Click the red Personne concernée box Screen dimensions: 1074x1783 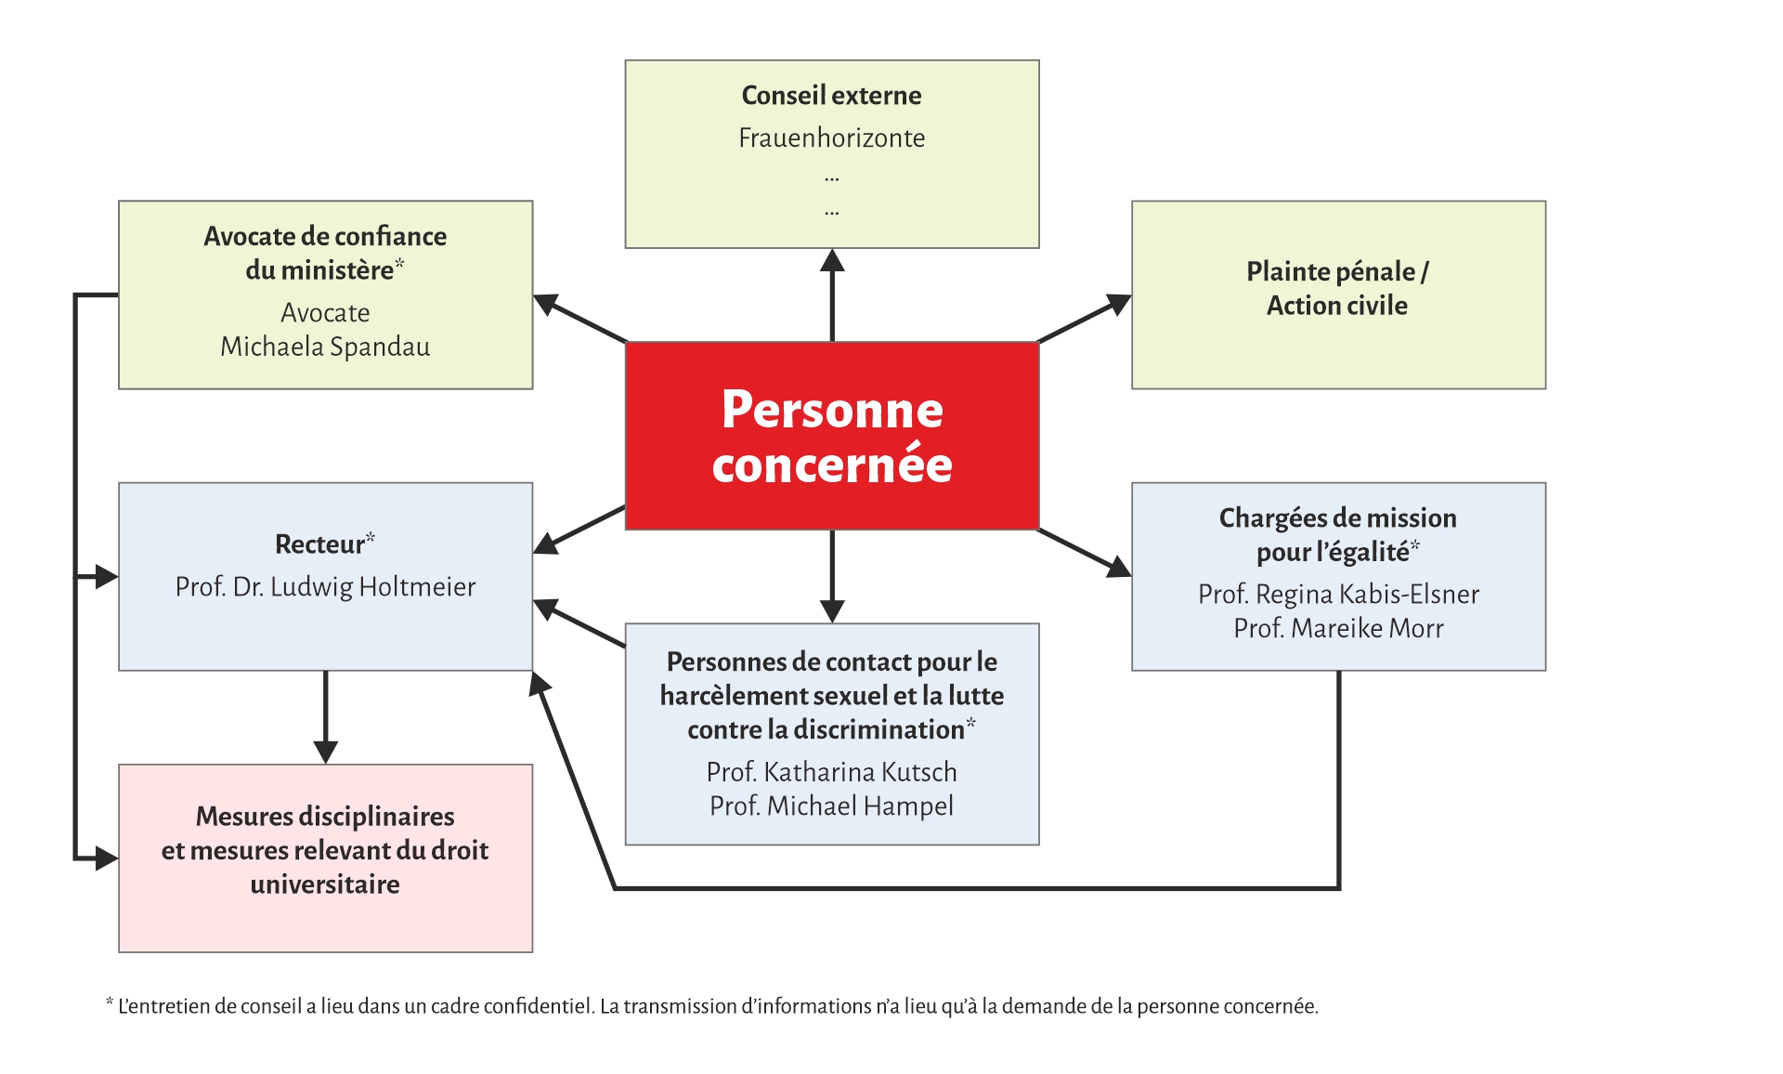[831, 436]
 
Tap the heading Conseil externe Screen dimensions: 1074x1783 [831, 96]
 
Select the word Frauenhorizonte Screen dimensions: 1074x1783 [831, 138]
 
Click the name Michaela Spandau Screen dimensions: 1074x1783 [325, 347]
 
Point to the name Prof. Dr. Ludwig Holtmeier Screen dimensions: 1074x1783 [325, 587]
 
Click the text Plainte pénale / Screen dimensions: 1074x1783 [1337, 272]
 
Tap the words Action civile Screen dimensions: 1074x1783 [1337, 306]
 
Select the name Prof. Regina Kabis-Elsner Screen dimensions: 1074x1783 [1338, 595]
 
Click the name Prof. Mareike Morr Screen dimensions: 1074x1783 [1338, 629]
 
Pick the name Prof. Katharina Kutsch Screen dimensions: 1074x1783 [831, 772]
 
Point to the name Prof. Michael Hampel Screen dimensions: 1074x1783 [831, 806]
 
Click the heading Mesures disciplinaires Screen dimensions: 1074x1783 [325, 817]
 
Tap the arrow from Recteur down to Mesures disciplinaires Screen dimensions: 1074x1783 [325, 715]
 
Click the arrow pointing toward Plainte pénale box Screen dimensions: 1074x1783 [1085, 319]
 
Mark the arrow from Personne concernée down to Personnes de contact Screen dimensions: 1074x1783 [832, 576]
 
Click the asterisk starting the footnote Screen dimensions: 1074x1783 [110, 1003]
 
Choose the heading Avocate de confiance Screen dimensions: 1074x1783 [325, 237]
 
